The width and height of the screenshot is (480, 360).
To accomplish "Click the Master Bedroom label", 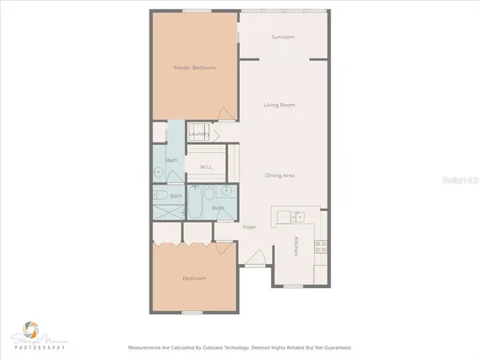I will (x=195, y=68).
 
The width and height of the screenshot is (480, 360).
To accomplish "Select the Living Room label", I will (x=281, y=105).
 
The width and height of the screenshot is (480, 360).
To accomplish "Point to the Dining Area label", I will (x=281, y=174).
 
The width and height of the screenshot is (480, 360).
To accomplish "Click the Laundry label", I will (x=200, y=134).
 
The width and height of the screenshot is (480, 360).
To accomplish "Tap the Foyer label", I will (x=250, y=227).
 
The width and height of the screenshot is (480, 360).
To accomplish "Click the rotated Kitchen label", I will (x=296, y=246).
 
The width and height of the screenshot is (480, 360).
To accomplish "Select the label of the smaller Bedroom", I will (x=194, y=278).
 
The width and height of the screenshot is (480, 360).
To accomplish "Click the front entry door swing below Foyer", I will (x=257, y=258).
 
